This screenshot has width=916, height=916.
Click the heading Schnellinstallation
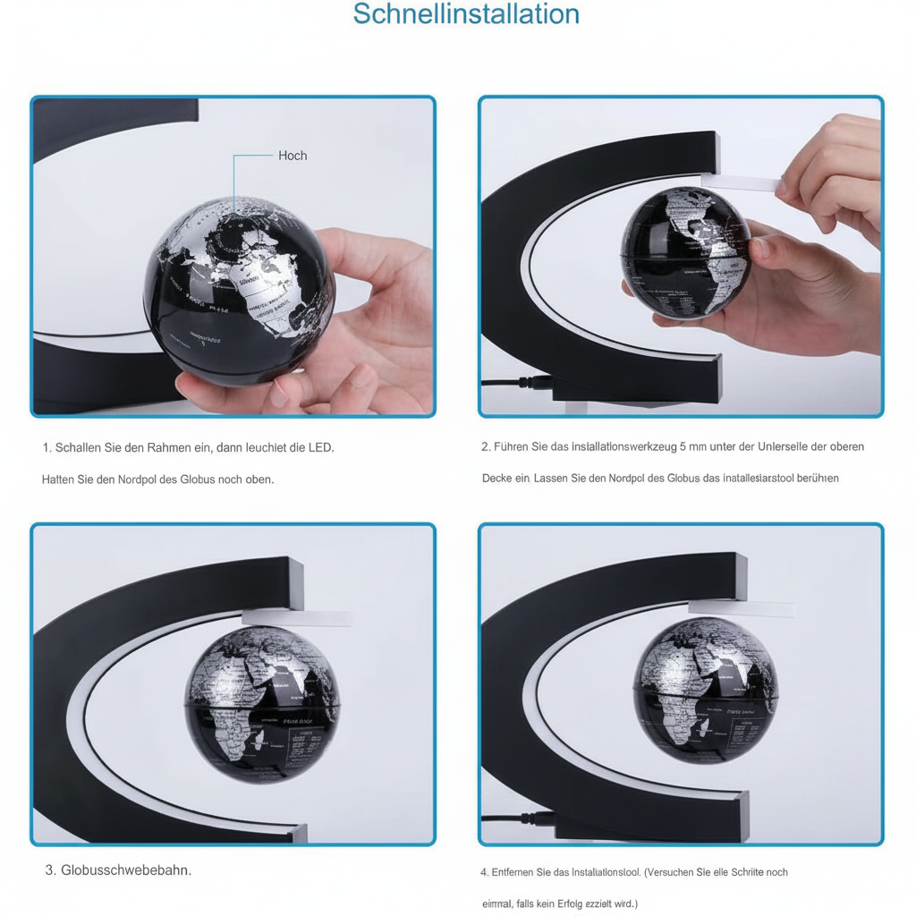466,15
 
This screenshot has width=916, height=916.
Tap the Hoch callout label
293,156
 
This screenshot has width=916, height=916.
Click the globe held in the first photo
240,286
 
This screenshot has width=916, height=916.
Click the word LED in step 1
319,447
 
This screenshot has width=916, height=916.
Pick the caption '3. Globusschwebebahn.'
118,869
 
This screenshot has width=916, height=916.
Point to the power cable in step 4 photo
510,818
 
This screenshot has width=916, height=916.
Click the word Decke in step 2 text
496,479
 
